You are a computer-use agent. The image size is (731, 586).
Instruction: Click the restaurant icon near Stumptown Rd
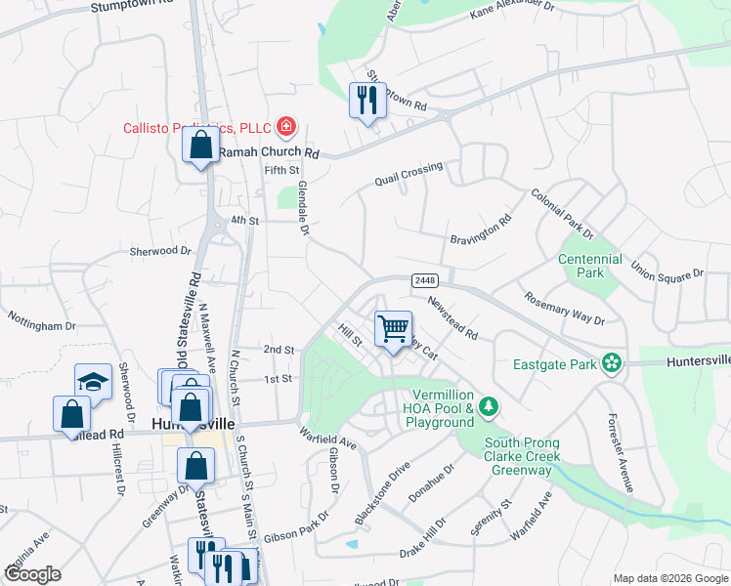[367, 101]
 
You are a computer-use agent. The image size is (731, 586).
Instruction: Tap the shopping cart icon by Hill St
[393, 329]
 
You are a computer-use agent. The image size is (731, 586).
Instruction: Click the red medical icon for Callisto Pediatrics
[285, 126]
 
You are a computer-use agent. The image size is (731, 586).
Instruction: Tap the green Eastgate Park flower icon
[612, 364]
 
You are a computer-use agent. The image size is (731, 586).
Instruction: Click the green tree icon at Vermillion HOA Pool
[492, 405]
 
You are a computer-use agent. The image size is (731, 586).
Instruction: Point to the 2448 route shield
[424, 280]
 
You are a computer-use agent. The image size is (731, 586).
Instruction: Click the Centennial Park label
[589, 267]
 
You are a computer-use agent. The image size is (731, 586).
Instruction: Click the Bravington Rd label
[481, 230]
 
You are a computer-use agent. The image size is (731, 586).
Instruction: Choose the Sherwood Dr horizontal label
[160, 251]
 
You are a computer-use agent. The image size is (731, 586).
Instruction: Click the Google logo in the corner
[32, 574]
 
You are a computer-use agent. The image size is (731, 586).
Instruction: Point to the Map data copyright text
[669, 578]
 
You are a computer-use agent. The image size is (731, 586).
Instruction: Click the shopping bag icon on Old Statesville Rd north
[200, 146]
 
